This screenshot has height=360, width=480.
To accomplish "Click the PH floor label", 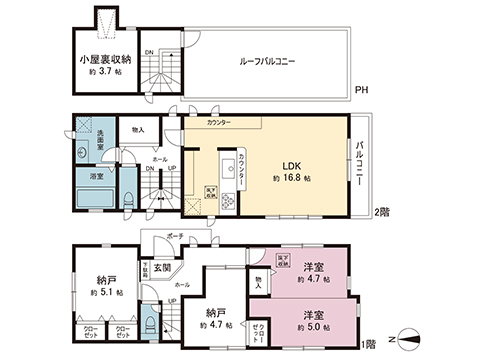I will (361, 90).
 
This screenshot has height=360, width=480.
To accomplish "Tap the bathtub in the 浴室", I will (96, 195).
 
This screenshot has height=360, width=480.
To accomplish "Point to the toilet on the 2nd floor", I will (131, 198).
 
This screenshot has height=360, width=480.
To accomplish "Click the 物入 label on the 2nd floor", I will (138, 130).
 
